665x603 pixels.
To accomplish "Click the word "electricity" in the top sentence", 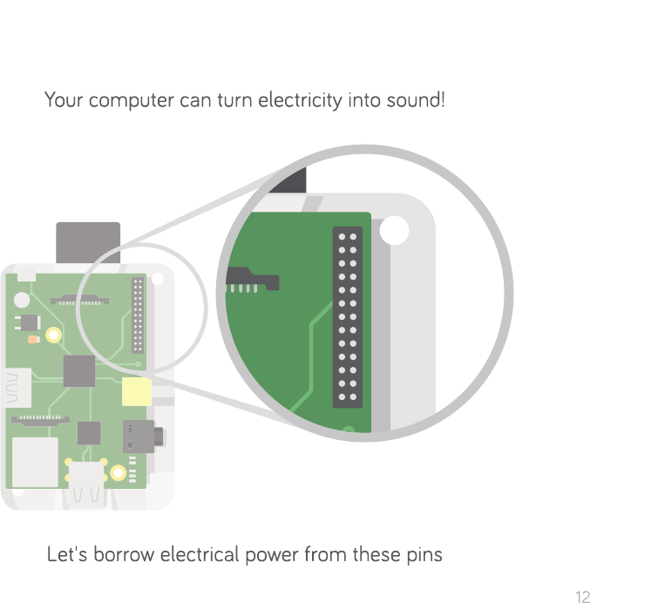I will click(x=299, y=100).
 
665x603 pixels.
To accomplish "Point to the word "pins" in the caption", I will click(x=424, y=554).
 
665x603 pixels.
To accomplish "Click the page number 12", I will click(x=583, y=597).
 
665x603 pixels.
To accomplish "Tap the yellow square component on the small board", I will click(x=137, y=392).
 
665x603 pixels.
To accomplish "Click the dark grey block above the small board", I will click(x=88, y=242).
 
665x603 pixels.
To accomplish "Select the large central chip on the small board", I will click(x=79, y=370).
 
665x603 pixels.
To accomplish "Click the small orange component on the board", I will click(x=33, y=340).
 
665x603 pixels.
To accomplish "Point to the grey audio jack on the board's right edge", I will click(x=139, y=433).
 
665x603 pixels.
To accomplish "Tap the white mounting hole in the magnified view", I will click(x=395, y=231).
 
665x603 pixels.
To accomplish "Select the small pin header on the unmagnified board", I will click(x=137, y=315).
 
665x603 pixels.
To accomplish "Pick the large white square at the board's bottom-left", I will click(x=35, y=462).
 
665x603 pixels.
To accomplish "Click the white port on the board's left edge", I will click(x=18, y=389).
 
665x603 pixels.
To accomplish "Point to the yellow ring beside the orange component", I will click(x=54, y=334).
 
